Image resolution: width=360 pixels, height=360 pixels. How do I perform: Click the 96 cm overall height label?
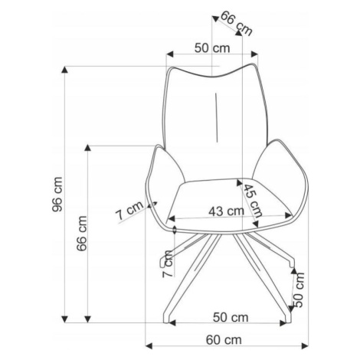coord(57,195)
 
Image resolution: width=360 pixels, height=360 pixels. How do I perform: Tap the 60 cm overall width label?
coord(224,340)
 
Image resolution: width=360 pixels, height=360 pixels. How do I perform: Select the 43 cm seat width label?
coord(226,211)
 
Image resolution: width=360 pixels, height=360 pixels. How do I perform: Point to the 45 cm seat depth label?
coord(252,201)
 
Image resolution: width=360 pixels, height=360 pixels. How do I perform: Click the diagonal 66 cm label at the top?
coord(236,23)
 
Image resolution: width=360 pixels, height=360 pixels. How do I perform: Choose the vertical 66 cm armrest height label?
coord(82,234)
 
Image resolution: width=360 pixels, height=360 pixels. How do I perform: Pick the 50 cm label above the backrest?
coord(212,47)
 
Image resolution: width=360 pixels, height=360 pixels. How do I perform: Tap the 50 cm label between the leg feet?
coord(231,317)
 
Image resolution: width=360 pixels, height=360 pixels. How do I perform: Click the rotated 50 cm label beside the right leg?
coord(299,290)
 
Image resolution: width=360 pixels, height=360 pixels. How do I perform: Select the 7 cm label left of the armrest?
coord(129,211)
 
